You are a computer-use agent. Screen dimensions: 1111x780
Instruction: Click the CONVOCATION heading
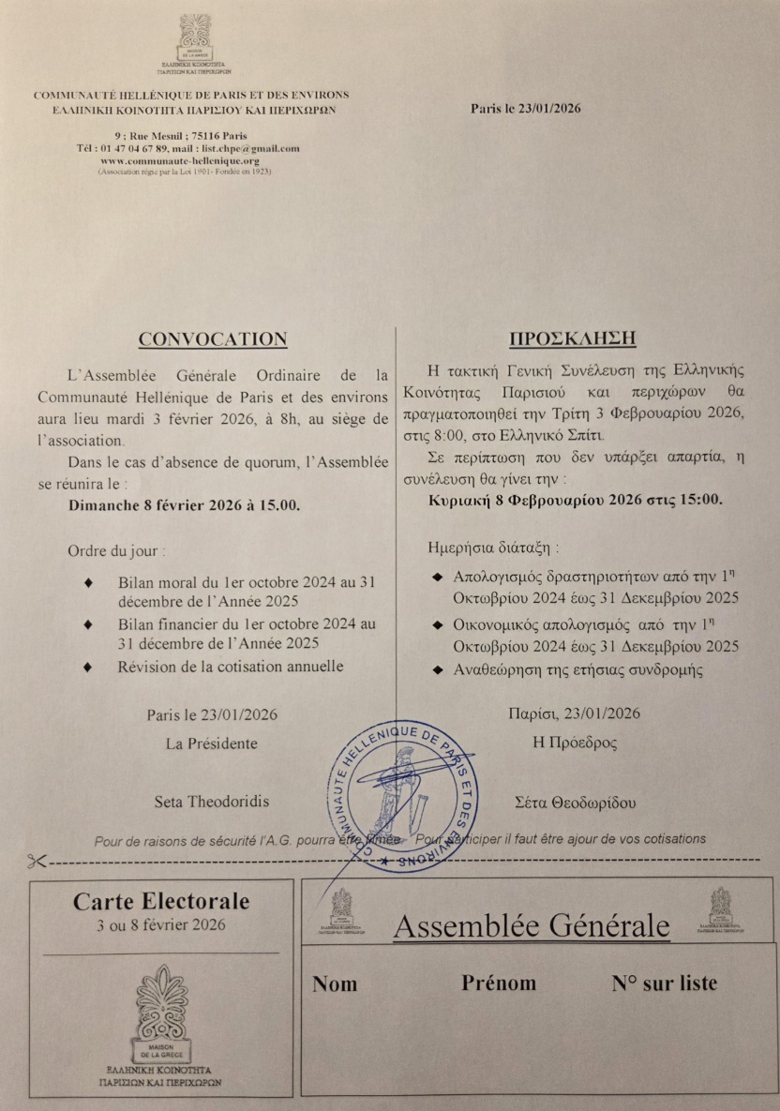coord(213,339)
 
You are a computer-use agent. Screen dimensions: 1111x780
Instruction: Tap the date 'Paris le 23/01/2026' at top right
coord(526,108)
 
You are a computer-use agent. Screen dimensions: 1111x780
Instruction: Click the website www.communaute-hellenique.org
coord(192,160)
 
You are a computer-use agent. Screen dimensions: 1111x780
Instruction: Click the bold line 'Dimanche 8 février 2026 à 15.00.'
coord(185,504)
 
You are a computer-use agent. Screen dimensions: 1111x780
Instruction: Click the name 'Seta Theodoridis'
coord(212,802)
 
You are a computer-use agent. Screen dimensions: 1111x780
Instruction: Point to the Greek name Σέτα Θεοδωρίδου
coord(576,803)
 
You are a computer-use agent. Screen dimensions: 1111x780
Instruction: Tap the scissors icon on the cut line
coord(37,861)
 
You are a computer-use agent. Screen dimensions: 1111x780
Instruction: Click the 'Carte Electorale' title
coord(161,902)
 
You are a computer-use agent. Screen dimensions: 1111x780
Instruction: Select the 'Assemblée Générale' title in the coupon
coord(532,926)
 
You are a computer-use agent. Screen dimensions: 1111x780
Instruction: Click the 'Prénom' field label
coord(499,983)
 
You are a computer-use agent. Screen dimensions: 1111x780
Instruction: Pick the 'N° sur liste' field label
coord(664,983)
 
